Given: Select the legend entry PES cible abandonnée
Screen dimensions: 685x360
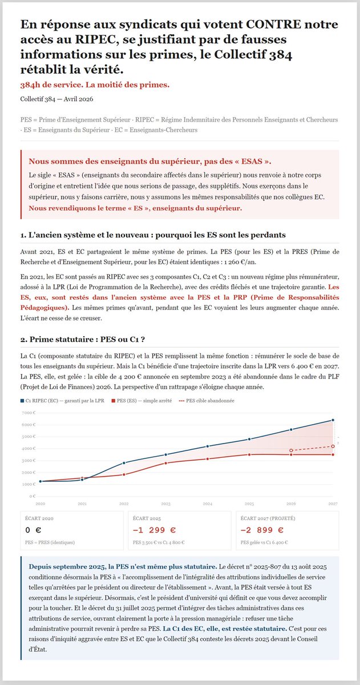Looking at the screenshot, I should coord(210,401).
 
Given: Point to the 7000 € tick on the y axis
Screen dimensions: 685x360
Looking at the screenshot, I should coord(29,412).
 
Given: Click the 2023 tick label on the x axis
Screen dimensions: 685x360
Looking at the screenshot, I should coord(165,504).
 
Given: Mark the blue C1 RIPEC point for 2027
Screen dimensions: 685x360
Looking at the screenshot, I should coord(333,420).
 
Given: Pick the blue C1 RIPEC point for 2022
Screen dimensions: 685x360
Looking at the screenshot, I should coord(124,462).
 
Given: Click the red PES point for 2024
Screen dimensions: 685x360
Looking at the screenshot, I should coord(208,459).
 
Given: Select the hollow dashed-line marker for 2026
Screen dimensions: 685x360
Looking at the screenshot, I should coord(291,450).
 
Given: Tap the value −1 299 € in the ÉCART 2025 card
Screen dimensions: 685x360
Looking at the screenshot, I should coord(154,530).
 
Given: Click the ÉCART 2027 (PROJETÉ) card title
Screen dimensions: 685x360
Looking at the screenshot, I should coord(267,518).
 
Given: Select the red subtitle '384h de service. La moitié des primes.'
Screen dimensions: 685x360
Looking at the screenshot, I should coord(95,84).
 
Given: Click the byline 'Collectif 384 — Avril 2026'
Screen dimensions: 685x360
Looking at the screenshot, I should coord(56,99).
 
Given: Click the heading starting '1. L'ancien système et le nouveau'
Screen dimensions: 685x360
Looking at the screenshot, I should coord(153,235).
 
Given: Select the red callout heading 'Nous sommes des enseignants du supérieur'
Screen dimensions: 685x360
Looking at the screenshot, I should coord(150,161).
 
